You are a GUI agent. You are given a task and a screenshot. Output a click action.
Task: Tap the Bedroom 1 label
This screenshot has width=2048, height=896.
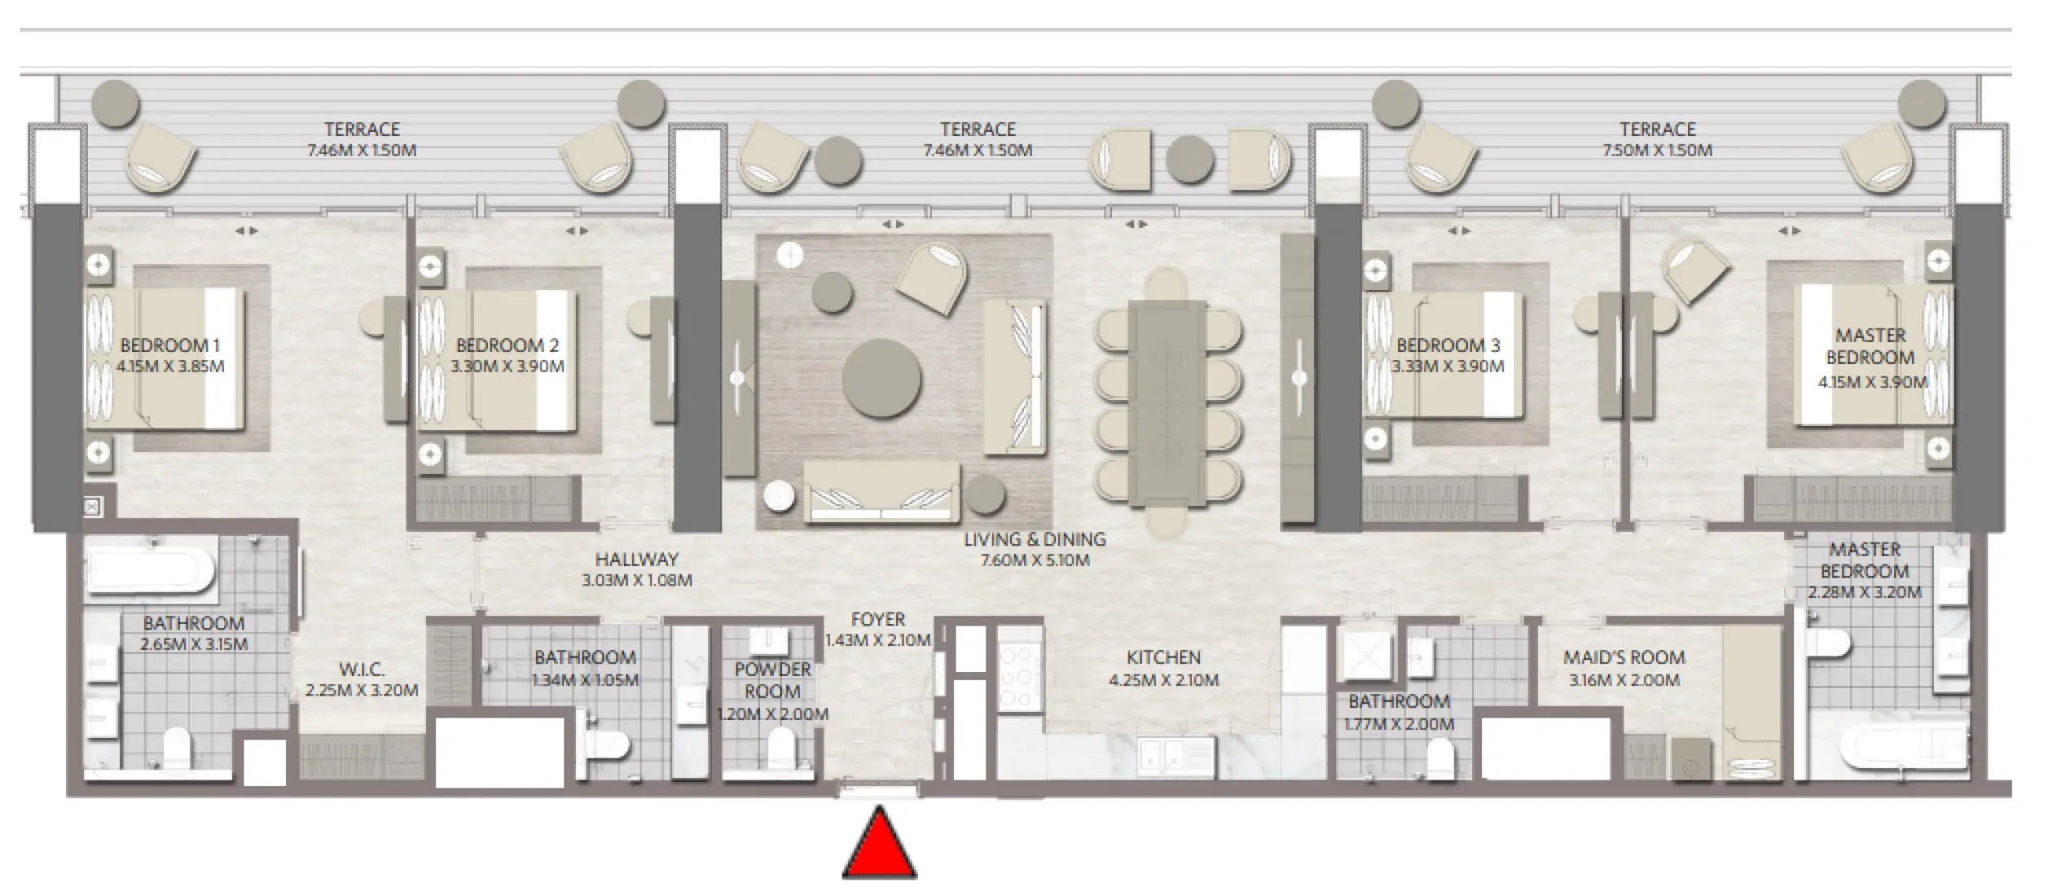pos(169,345)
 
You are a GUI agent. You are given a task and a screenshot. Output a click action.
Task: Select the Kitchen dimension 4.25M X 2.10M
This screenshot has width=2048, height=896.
pos(1163,680)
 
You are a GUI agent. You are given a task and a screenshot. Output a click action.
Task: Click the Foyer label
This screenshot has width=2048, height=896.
pos(878,620)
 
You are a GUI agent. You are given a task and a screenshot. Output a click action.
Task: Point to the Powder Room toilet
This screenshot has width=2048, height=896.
pos(781,744)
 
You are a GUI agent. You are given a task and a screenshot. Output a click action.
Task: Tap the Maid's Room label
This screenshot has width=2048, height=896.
pos(1624,657)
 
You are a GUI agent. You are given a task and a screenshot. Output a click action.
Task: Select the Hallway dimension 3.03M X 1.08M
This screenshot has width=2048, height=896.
pos(636,581)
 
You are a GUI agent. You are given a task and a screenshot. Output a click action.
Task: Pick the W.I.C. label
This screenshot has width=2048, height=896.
pos(361,670)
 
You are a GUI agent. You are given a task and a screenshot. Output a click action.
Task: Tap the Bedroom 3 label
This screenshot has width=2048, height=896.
pos(1448,345)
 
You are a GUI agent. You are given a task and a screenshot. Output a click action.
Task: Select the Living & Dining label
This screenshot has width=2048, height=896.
pos(1035,539)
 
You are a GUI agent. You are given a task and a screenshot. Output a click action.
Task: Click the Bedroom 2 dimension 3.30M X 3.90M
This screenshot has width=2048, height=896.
pos(508,367)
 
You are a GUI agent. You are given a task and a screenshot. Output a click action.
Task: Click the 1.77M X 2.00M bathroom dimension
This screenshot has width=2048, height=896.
pos(1398,724)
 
